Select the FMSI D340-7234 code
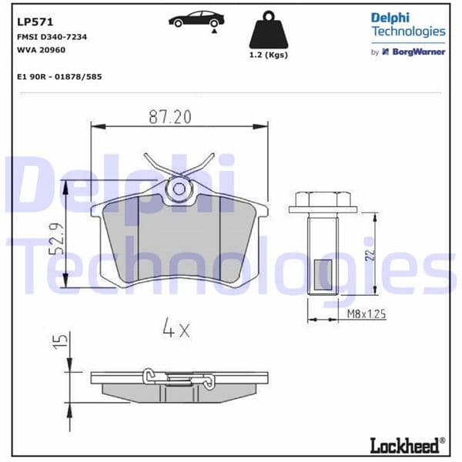(52, 37)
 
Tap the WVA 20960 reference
(40, 50)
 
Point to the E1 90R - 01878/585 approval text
(59, 77)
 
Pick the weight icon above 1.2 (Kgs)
(269, 31)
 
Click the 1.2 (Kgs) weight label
(269, 56)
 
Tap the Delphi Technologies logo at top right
(407, 25)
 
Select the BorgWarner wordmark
(420, 52)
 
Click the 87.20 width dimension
(169, 117)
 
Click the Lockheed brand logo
(406, 444)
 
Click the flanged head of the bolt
(323, 203)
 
